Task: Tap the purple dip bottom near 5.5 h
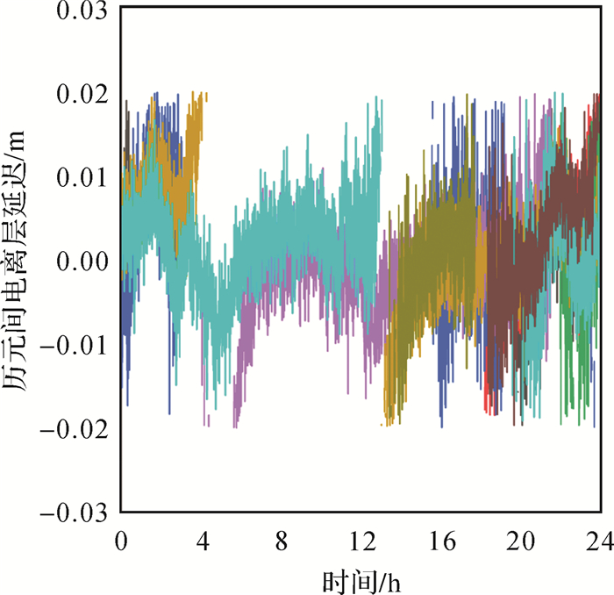coord(235,427)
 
